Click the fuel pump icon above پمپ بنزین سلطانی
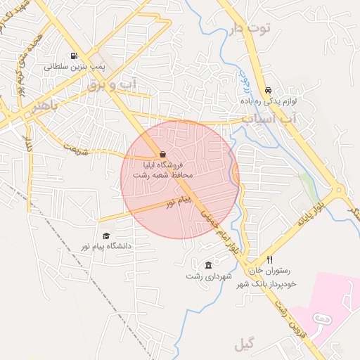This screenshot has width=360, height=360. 73,56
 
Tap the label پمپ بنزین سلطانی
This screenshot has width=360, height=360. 74,67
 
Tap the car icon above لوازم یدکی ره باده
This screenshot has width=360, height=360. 269,91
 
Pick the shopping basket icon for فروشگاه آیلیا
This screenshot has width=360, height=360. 163,154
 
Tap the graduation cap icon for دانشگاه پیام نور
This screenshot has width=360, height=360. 106,236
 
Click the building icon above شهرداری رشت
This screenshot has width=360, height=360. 208,264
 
